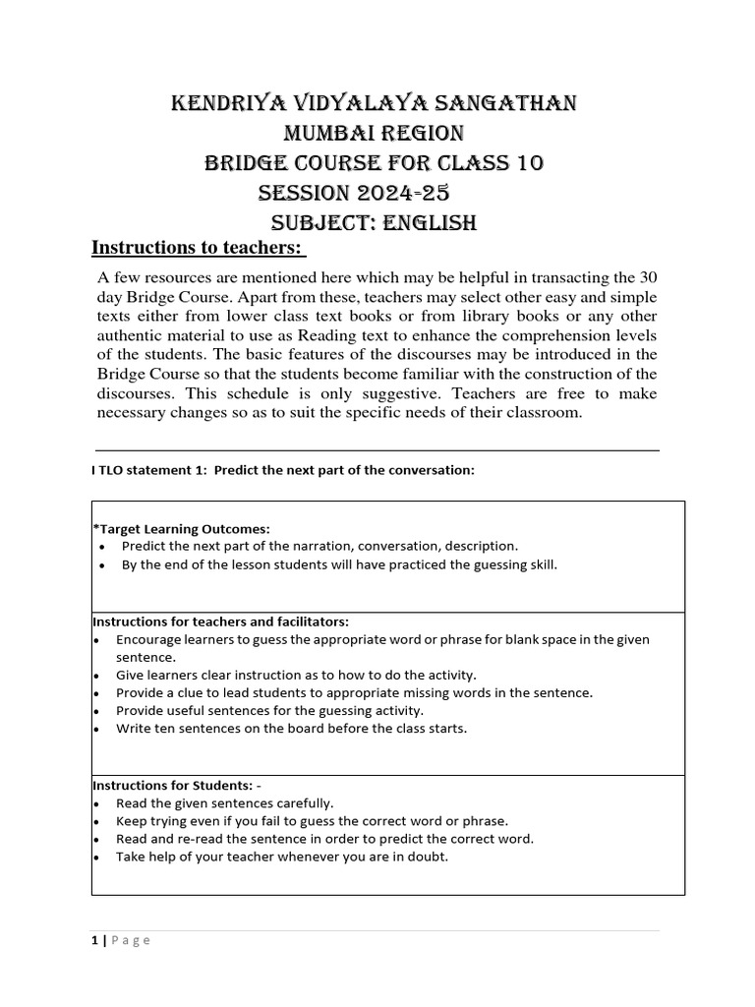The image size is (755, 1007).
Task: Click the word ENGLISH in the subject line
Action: pos(431,223)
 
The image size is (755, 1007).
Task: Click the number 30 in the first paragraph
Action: pos(649,277)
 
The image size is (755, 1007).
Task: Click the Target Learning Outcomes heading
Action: pos(181,528)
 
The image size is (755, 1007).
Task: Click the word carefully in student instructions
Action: pos(302,802)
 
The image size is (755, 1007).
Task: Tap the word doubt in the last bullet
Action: pos(429,857)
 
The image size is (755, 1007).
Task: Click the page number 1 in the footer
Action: pos(94,940)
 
